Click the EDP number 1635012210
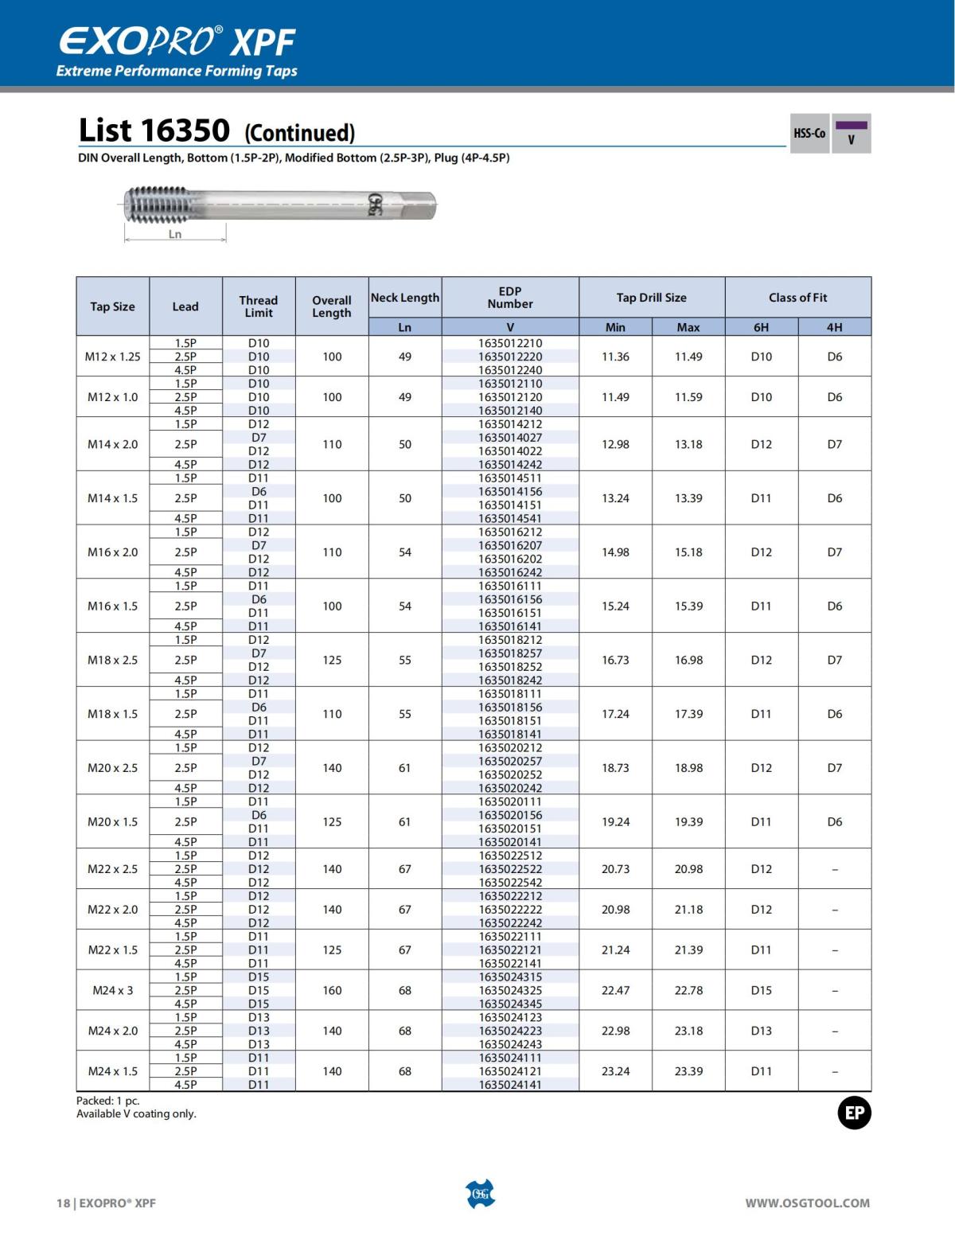pyautogui.click(x=510, y=343)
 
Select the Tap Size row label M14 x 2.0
pyautogui.click(x=112, y=444)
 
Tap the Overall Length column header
pyautogui.click(x=332, y=306)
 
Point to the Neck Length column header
pyautogui.click(x=405, y=298)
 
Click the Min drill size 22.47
pyautogui.click(x=615, y=990)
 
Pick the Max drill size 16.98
pyautogui.click(x=688, y=660)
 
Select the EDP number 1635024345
pyautogui.click(x=510, y=1004)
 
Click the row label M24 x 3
pyautogui.click(x=112, y=990)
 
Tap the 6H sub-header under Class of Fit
pyautogui.click(x=762, y=327)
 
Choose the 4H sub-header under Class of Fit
pyautogui.click(x=834, y=327)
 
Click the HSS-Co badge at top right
pyautogui.click(x=809, y=134)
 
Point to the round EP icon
pyautogui.click(x=854, y=1113)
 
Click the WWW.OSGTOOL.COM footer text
pyautogui.click(x=807, y=1203)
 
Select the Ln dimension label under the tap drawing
pyautogui.click(x=175, y=234)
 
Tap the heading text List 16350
pyautogui.click(x=154, y=131)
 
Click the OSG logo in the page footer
pyautogui.click(x=479, y=1195)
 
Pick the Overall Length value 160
pyautogui.click(x=332, y=990)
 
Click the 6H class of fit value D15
pyautogui.click(x=762, y=990)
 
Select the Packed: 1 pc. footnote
pyautogui.click(x=108, y=1101)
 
